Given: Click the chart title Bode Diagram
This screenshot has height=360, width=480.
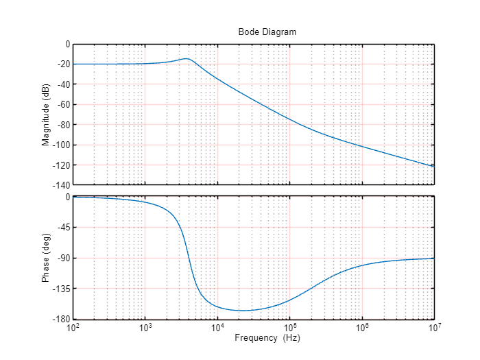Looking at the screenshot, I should [267, 32].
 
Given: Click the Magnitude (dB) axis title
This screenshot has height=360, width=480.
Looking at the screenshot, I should [46, 115].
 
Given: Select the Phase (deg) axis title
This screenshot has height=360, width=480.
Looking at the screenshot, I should [46, 258].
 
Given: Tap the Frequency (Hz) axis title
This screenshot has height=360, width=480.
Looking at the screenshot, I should [267, 338].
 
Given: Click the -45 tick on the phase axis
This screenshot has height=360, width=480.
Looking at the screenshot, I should [63, 228].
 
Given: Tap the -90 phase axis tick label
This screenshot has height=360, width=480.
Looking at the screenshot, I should [63, 259].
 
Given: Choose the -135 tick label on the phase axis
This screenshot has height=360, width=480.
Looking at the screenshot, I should [61, 289].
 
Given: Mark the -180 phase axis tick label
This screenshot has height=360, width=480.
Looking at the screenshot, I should [61, 320].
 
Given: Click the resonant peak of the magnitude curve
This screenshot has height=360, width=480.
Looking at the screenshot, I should [187, 58].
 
